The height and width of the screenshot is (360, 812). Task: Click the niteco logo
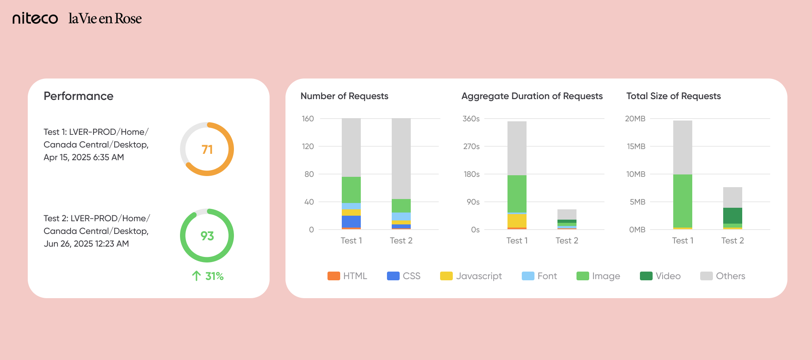click(35, 18)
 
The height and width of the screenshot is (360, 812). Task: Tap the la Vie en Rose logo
click(105, 18)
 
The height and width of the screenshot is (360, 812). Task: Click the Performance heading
click(79, 96)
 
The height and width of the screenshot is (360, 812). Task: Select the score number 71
click(207, 149)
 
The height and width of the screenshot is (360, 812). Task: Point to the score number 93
click(207, 236)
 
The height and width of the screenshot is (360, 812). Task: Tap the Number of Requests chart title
click(344, 96)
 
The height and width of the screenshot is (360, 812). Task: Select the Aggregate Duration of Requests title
click(532, 96)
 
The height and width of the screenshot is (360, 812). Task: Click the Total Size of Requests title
click(673, 96)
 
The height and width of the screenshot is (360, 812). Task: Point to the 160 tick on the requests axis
click(308, 119)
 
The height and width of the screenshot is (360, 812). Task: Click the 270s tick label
click(471, 146)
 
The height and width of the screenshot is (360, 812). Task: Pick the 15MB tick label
click(636, 146)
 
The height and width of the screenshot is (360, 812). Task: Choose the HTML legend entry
click(347, 276)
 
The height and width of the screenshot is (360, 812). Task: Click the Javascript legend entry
click(471, 276)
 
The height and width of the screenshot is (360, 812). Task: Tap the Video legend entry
click(660, 276)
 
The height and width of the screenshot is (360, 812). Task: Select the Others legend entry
click(722, 276)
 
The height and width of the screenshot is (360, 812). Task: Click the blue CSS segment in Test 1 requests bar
click(351, 221)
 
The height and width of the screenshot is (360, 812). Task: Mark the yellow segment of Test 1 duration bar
click(517, 220)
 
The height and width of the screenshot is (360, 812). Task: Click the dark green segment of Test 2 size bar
click(733, 216)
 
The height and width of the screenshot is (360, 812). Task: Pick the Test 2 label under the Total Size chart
click(733, 241)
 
